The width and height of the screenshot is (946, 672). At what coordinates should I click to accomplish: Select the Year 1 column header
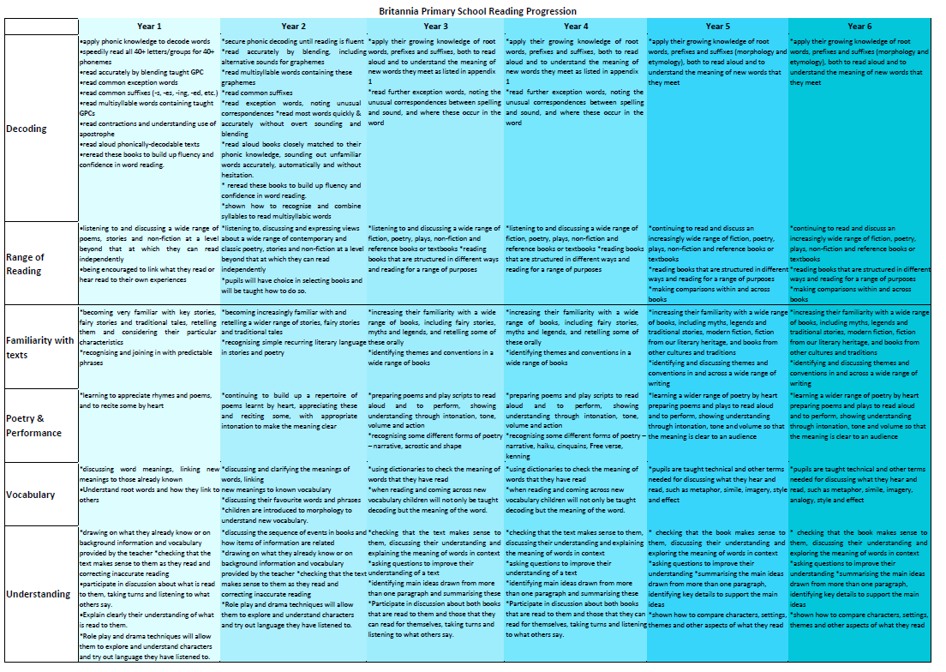coord(148,27)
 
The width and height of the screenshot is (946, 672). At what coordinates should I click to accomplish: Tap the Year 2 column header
coord(293,27)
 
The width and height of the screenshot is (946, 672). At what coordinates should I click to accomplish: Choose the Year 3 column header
coord(435,27)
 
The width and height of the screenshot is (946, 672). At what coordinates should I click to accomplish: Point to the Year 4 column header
coord(576,27)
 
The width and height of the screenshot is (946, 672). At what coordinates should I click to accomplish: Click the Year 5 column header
coord(717,27)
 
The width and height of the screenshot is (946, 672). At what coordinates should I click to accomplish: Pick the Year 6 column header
coord(859,27)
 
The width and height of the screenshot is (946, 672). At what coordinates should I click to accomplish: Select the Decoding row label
coord(27,129)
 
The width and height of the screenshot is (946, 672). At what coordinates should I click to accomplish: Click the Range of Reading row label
coord(25,264)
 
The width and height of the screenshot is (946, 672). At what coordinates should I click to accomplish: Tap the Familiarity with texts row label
coord(39,347)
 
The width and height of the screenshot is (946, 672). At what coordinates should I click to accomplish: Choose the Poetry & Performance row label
coord(34,426)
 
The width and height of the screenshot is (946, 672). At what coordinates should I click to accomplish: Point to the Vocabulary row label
coord(31,495)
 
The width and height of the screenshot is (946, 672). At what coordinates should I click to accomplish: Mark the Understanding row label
coord(38,594)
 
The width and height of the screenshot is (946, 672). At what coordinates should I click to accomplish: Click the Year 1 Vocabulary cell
coord(148,494)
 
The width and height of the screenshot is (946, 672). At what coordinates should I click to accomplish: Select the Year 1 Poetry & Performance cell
coord(148,425)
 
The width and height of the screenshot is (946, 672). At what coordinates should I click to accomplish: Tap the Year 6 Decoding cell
coord(859,128)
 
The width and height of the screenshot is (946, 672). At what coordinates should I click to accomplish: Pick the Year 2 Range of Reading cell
coord(293,262)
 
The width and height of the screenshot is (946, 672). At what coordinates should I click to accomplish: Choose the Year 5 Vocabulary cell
coord(717,494)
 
